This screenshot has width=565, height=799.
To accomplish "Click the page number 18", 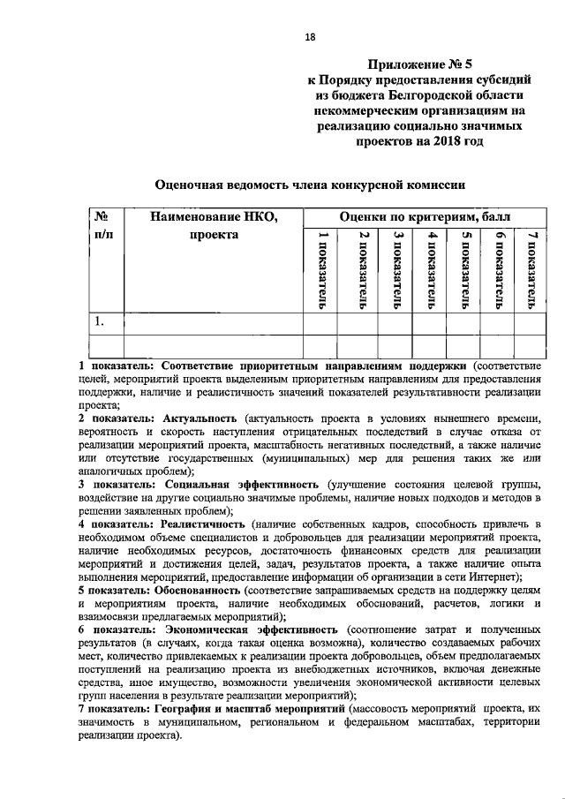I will [310, 36].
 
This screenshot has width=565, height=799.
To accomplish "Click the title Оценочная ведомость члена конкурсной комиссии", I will [310, 185].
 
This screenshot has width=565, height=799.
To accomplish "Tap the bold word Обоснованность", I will [196, 588].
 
